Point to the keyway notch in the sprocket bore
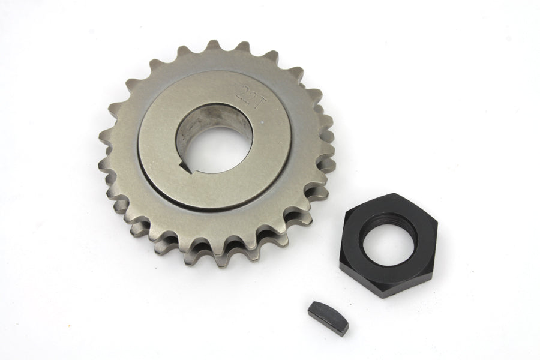tap(188, 167)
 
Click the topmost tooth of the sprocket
tap(211, 47)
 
